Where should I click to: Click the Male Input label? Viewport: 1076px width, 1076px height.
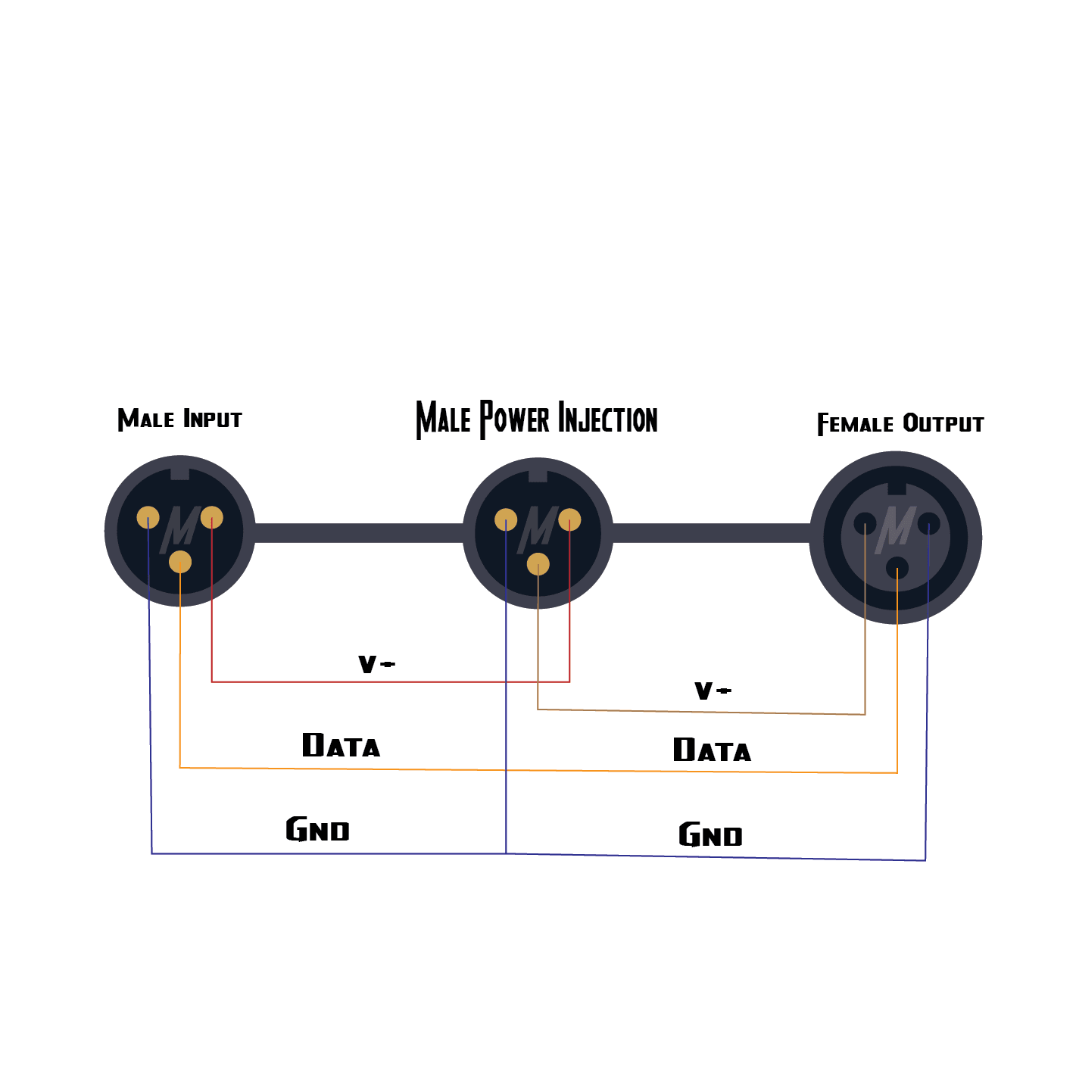179,419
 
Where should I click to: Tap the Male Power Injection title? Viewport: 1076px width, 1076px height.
537,419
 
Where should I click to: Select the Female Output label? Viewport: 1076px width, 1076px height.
900,424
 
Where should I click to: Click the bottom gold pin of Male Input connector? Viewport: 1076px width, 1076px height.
180,562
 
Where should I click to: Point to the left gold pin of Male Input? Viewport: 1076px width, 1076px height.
148,518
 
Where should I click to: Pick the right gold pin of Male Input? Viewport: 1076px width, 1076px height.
212,518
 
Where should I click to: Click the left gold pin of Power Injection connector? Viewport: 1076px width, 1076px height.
506,520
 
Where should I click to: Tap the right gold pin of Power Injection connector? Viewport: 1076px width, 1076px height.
569,520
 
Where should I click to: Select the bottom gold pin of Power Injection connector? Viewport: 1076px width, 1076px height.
538,564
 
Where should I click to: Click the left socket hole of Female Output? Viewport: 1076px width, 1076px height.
865,523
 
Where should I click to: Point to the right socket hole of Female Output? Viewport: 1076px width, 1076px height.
928,523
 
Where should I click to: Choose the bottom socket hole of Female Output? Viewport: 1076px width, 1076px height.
897,567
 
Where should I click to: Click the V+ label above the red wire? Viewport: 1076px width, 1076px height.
376,665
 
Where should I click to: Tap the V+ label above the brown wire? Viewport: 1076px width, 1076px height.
713,691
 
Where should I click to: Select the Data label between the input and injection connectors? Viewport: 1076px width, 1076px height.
341,746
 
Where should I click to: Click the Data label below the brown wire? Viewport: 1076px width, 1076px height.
712,750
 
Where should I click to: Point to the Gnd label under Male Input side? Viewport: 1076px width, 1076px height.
317,830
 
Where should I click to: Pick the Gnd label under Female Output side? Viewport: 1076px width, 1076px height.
710,835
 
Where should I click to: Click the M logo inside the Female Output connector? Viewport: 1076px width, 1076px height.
897,527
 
